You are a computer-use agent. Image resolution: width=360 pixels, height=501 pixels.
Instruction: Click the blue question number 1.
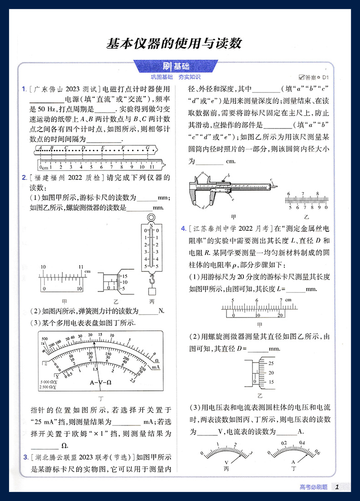coord(24,89)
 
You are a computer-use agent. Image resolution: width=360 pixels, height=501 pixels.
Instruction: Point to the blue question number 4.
coord(183,228)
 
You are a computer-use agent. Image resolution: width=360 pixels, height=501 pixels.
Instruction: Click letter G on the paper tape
coord(147,148)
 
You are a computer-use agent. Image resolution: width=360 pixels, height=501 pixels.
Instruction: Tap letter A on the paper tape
coord(41,148)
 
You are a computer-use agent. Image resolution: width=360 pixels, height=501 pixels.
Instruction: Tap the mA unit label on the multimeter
coord(155,367)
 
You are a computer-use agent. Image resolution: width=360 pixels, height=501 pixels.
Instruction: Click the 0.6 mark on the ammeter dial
coord(317,453)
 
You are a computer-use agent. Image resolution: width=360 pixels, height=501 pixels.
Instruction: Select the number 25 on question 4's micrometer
coord(271,363)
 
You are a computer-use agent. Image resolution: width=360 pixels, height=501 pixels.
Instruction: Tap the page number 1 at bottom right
coord(337,487)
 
